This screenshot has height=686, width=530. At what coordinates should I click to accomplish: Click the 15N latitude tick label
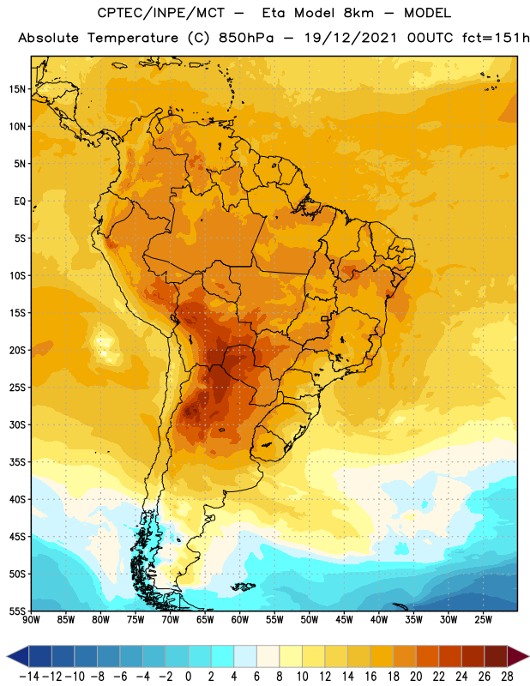click(17, 89)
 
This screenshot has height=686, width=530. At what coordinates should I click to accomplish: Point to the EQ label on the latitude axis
click(20, 202)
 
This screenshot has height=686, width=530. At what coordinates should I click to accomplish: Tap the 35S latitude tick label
click(17, 462)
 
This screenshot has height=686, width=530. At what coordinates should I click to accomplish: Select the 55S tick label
click(17, 611)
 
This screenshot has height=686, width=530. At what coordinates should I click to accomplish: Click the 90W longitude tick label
click(31, 620)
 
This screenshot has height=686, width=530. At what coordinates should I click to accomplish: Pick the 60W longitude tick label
click(240, 620)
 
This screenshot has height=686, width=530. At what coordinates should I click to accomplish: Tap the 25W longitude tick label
click(483, 620)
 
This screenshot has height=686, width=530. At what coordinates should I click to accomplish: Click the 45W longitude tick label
click(344, 620)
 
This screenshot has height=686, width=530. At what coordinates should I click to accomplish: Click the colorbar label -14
click(29, 677)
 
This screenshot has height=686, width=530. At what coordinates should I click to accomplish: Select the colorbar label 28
click(507, 677)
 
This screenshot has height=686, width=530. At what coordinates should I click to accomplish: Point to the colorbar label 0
click(188, 677)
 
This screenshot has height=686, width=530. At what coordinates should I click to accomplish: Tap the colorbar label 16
click(370, 677)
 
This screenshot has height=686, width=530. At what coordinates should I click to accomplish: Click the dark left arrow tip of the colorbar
click(7, 656)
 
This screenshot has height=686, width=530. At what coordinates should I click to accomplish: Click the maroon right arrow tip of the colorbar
click(528, 656)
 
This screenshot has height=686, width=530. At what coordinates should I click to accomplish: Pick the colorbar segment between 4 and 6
click(245, 656)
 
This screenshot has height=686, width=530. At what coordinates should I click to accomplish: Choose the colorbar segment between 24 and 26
click(473, 656)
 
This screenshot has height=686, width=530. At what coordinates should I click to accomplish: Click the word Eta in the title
click(274, 13)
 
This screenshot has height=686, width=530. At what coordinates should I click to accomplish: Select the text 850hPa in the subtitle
click(246, 38)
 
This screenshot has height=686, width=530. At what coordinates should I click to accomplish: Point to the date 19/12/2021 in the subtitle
click(351, 38)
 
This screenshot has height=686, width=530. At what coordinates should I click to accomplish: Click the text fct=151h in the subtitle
click(496, 38)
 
